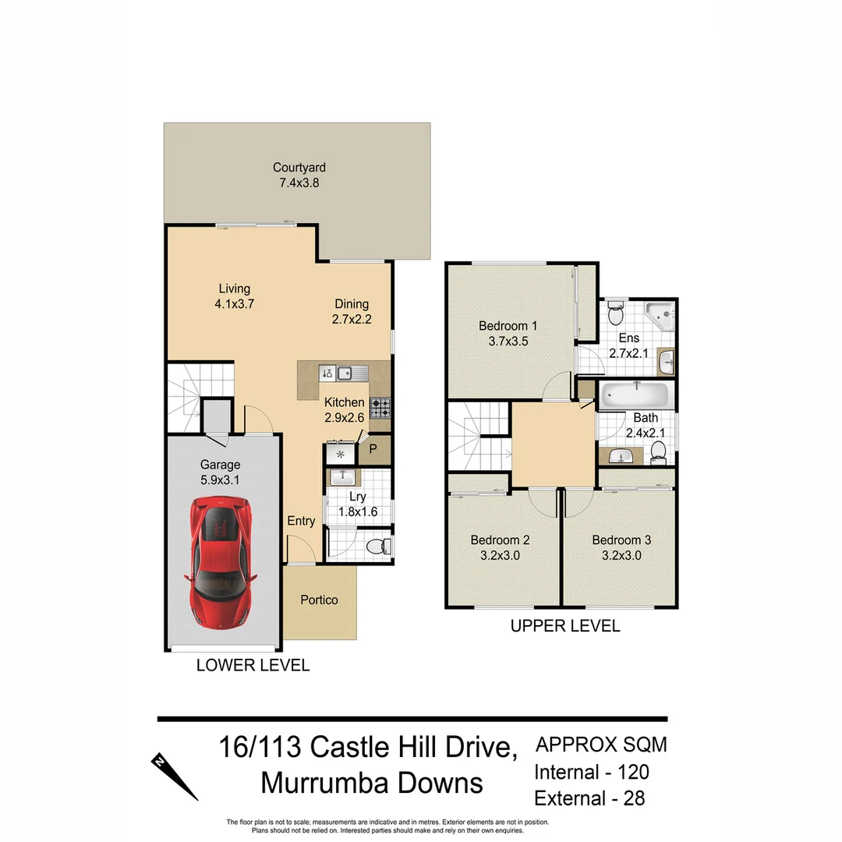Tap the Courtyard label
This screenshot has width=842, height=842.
[299, 167]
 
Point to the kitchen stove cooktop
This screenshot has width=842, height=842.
[380, 405]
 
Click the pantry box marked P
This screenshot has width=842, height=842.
[373, 448]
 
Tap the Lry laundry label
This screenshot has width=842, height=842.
[358, 497]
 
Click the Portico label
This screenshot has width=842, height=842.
[320, 600]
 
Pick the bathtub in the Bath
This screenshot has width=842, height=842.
[635, 393]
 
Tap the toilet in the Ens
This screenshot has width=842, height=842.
[616, 314]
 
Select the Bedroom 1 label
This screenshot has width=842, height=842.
[508, 325]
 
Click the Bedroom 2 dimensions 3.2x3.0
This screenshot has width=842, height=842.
[500, 556]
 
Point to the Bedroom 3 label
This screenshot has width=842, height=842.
[621, 540]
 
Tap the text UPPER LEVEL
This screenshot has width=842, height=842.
[564, 625]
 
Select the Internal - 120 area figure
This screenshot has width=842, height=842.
[591, 772]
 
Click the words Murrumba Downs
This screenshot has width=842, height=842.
[372, 782]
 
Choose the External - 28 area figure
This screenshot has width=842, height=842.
[589, 798]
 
